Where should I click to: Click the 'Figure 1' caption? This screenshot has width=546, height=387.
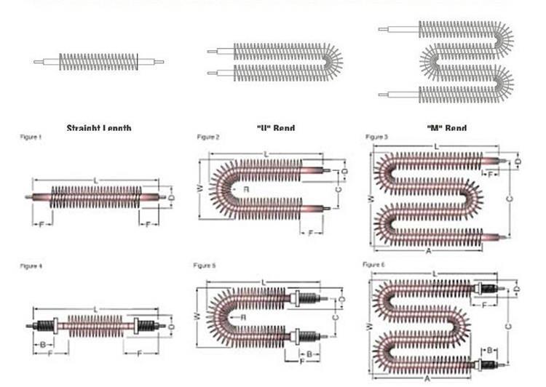[30, 137]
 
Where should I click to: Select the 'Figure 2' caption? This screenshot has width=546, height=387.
[208, 137]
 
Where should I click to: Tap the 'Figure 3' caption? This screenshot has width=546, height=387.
[376, 137]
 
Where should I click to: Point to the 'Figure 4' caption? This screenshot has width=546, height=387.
[31, 266]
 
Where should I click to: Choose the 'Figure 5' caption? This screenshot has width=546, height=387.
[205, 266]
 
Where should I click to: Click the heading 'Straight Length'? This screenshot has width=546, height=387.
[99, 128]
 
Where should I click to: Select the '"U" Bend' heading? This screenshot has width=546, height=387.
[276, 128]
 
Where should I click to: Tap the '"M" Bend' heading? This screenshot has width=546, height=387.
[446, 128]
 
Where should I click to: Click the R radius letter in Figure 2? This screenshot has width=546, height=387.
[247, 188]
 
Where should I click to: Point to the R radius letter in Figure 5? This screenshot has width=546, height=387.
[242, 318]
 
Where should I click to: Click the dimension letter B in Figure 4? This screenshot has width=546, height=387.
[43, 343]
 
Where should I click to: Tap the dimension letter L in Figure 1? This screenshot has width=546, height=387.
[95, 180]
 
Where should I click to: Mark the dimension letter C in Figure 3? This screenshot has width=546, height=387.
[508, 197]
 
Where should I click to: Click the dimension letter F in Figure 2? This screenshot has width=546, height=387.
[311, 233]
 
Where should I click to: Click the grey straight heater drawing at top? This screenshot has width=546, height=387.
[98, 61]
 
